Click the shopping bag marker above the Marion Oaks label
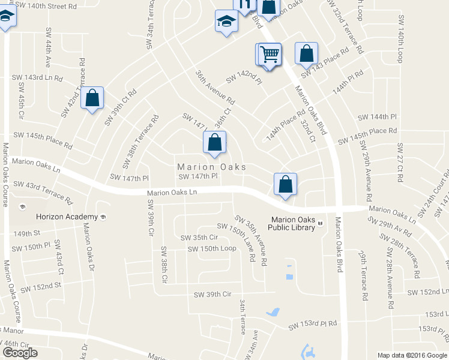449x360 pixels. click(214, 143)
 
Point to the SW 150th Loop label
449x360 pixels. click(212, 248)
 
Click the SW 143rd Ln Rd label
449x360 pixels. click(37, 78)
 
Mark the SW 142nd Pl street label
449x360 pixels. click(244, 78)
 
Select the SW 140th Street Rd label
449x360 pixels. click(46, 6)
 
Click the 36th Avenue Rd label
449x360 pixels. click(214, 88)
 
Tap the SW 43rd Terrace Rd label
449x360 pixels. click(43, 191)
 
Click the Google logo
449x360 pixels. click(20, 353)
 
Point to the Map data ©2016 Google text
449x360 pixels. click(412, 355)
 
